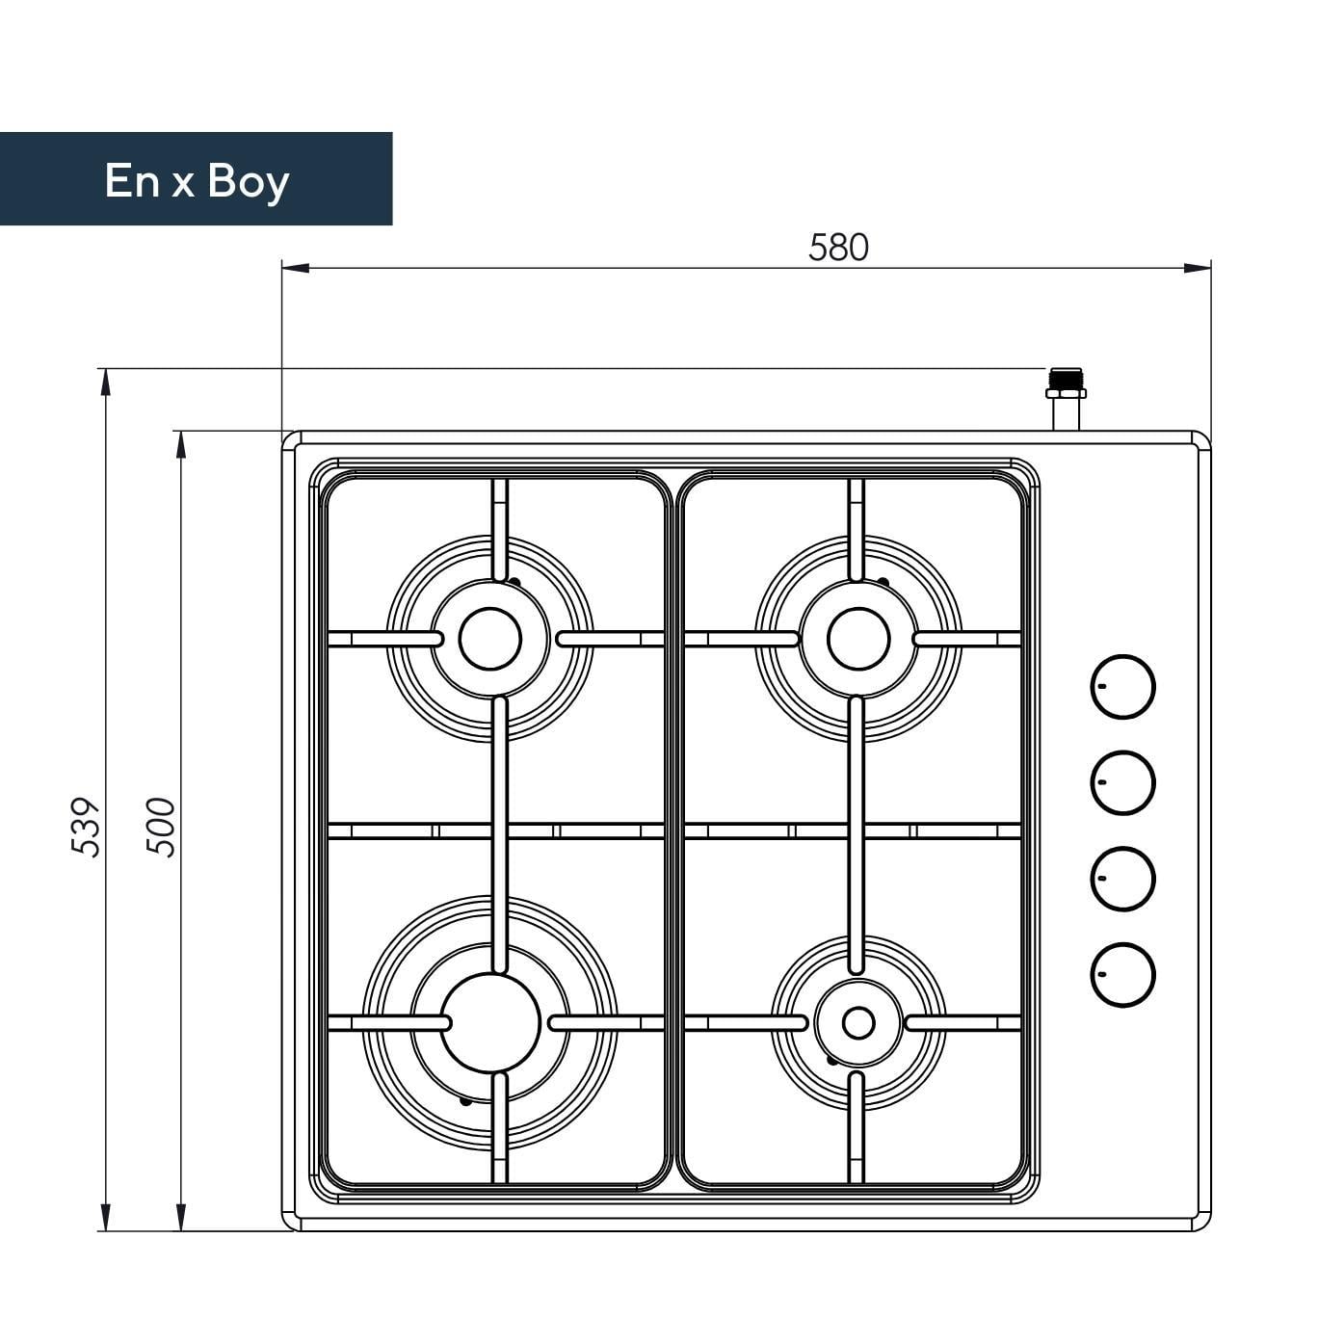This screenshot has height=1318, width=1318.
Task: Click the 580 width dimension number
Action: coord(838,248)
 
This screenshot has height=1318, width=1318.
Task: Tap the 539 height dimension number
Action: coord(86,827)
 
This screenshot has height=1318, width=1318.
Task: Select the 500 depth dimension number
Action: coord(162,827)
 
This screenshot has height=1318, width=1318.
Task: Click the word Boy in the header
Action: coord(249,183)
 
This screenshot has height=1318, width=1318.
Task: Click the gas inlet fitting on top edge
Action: coord(1066,400)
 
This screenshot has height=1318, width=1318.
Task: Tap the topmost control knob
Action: coord(1122,687)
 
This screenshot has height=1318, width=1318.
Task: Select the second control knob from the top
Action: coord(1122,782)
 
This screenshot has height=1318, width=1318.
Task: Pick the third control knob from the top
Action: coord(1122,879)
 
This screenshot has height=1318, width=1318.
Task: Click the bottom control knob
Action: coord(1122,975)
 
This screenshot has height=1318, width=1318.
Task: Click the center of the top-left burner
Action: coord(489,639)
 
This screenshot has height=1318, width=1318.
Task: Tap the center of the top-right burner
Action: coord(858,639)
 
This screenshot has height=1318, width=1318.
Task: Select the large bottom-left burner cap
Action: coord(489,1023)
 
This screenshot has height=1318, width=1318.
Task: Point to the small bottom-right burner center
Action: coord(858,1023)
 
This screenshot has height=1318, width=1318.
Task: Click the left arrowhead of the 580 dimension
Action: coord(296,268)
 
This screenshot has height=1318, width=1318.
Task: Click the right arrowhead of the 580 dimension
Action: coord(1197,268)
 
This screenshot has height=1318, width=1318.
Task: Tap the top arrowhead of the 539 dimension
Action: coord(105,382)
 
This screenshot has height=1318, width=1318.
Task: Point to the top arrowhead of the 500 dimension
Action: coord(180,444)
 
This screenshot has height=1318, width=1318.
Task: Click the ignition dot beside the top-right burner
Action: coord(883,582)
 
